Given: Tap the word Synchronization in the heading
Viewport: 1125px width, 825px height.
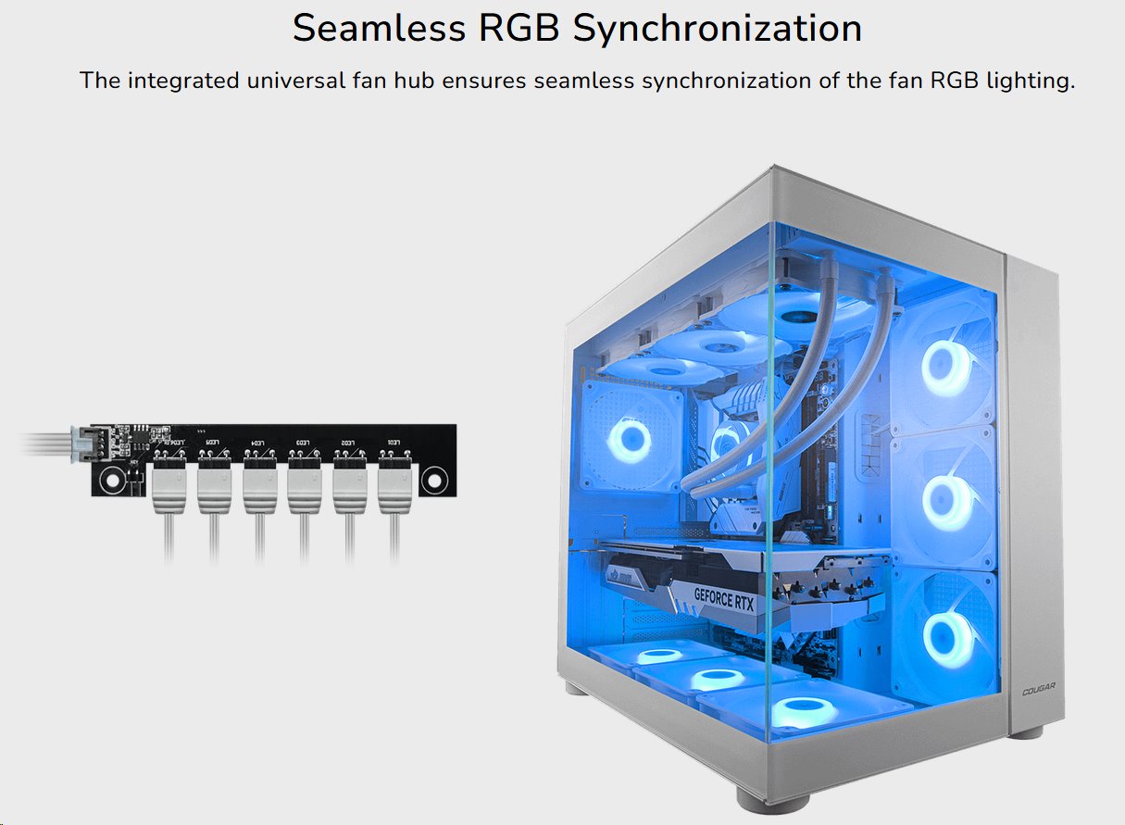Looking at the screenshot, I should click(717, 29).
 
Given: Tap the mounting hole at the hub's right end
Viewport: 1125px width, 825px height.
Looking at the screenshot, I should click(432, 481).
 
